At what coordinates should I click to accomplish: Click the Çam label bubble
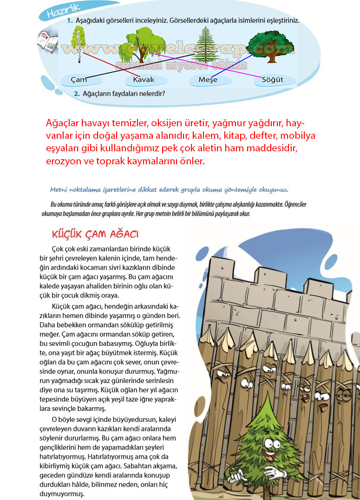pos(79,80)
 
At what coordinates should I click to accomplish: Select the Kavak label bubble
pos(144,80)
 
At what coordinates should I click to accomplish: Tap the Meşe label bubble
pos(208,80)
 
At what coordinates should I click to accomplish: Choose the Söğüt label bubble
pos(273,80)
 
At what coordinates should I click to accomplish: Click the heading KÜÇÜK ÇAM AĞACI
pos(96,234)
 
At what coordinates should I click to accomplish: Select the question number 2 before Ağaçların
pos(77,94)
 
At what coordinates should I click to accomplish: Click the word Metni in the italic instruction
pos(59,190)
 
